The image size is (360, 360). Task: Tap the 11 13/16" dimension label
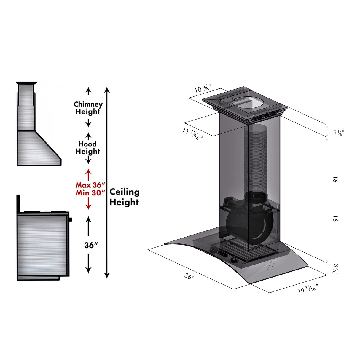(x=193, y=134)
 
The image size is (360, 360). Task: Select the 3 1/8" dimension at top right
(x=338, y=132)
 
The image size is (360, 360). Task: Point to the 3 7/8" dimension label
(x=335, y=269)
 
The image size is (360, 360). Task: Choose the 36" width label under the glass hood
(x=189, y=276)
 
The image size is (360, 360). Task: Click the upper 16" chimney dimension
(x=335, y=180)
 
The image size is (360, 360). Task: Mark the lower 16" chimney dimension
(x=335, y=220)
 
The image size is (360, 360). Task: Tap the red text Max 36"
(x=90, y=185)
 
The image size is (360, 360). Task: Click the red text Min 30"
(x=90, y=193)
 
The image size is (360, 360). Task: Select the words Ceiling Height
(x=124, y=197)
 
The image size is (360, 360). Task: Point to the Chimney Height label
(x=88, y=108)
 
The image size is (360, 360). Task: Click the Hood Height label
(x=88, y=148)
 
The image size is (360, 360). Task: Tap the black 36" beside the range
(x=91, y=245)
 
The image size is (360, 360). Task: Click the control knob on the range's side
(x=71, y=220)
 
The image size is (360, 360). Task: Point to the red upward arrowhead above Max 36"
(x=88, y=172)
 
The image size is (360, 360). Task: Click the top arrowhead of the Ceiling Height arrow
(x=107, y=89)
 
